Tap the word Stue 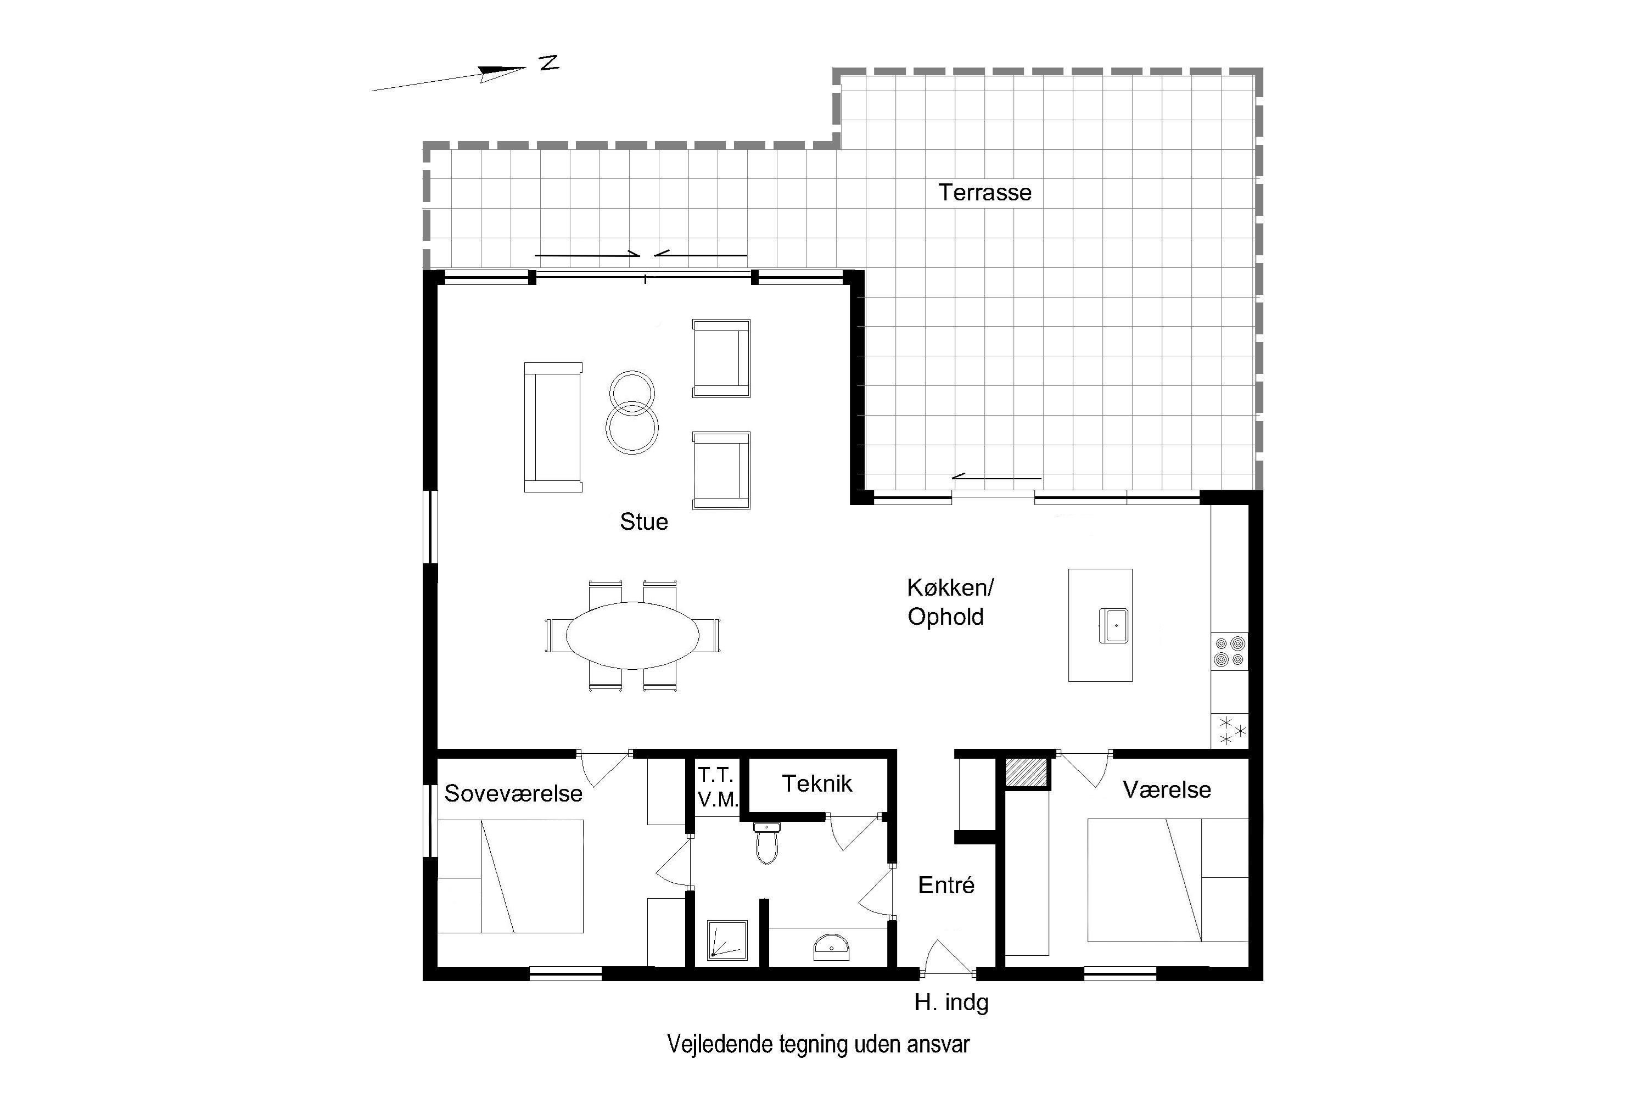pos(643,522)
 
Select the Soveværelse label pos(513,793)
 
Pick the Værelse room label pos(1167,790)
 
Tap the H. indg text pos(951,1004)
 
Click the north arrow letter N pos(550,63)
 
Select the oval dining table pos(632,635)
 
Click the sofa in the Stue pos(553,427)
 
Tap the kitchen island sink pos(1113,625)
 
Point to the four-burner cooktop pos(1230,651)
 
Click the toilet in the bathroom pos(767,843)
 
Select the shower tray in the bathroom pos(727,940)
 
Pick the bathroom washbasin pos(831,946)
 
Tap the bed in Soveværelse pos(511,876)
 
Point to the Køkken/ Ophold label pos(950,602)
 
